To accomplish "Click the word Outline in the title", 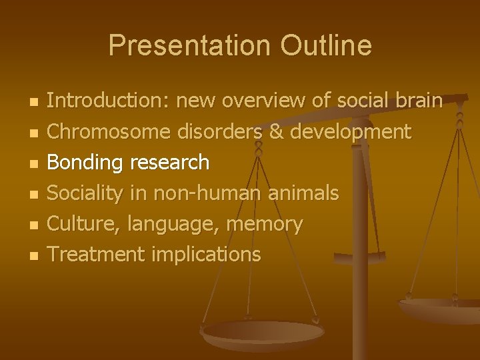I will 326,46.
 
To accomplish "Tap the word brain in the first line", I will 417,101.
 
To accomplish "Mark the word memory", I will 265,225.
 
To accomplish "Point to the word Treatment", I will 96,254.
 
